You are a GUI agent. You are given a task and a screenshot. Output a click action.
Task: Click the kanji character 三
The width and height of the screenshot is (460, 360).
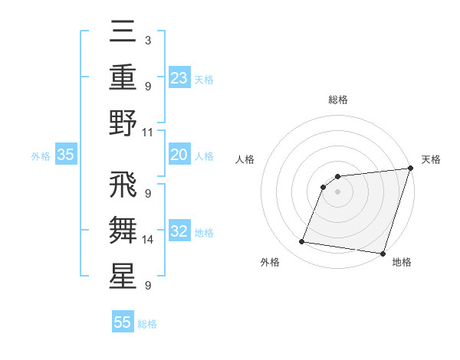123,34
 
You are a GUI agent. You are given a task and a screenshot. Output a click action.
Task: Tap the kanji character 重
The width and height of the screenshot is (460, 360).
123,78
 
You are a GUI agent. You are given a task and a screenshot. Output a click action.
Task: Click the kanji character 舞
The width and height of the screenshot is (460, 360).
123,231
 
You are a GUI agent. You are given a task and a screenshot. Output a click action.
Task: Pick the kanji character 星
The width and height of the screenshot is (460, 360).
123,277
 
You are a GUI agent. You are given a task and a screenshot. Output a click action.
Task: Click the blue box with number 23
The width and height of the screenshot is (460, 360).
179,77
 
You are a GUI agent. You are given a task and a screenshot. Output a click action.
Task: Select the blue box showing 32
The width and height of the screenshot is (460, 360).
179,232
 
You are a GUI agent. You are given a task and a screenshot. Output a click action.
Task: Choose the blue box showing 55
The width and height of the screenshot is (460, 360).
123,322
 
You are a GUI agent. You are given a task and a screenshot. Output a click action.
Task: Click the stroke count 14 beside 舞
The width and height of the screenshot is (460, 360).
148,240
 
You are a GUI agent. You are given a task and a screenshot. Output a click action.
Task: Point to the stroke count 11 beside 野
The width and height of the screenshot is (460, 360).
148,132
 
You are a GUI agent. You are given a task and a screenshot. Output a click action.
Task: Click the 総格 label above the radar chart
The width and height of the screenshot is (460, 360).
337,100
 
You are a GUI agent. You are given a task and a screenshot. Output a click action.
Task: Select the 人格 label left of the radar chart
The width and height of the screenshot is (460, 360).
245,159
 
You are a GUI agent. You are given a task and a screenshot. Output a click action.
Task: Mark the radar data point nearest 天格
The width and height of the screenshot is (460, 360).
409,169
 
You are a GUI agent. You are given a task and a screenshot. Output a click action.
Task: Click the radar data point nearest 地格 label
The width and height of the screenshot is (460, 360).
383,254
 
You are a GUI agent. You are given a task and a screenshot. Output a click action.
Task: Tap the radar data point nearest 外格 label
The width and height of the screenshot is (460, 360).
302,242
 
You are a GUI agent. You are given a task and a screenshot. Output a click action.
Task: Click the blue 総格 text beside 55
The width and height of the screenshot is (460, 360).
147,324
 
